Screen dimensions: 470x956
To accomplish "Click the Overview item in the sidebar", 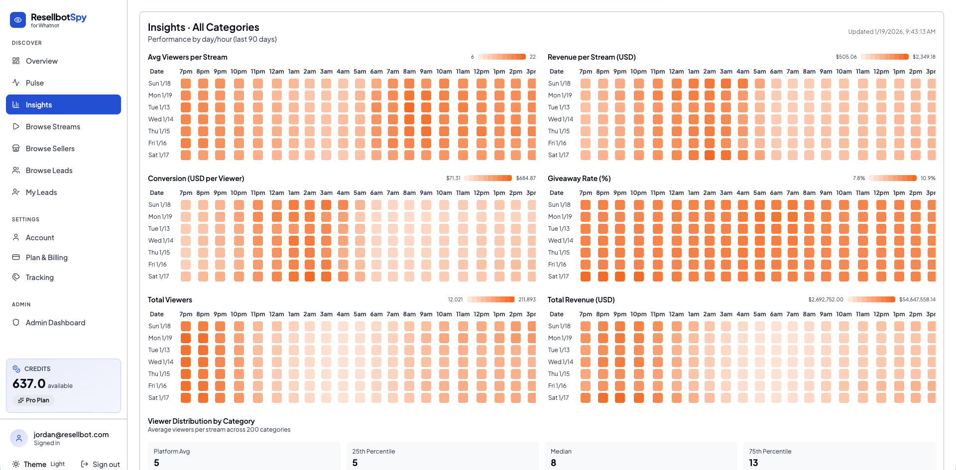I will click(42, 61).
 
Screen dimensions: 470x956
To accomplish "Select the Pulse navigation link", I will click(35, 83).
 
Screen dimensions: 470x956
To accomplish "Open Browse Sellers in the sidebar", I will click(50, 149).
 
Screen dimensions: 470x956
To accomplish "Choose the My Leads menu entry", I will click(41, 192).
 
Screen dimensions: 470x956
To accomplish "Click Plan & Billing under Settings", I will click(46, 258).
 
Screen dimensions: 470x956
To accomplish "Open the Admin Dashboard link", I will click(55, 323).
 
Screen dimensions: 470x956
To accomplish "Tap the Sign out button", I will click(101, 464).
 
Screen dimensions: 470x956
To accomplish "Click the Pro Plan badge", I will click(33, 400).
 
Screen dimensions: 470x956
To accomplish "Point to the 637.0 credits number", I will click(29, 384).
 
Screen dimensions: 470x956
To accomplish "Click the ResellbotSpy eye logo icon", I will click(18, 20).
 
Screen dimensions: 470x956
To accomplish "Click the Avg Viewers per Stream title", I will click(187, 57).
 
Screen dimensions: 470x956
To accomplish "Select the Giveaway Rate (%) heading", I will click(579, 179).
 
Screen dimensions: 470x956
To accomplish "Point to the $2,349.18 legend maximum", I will click(924, 57).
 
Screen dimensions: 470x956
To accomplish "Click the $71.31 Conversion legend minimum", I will click(453, 178).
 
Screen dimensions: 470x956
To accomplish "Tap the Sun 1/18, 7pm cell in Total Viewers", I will click(186, 326).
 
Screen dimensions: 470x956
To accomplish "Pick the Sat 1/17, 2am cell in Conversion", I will click(310, 277).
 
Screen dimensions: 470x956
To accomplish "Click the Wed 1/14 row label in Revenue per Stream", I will click(560, 119).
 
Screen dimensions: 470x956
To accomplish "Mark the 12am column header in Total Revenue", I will click(676, 314).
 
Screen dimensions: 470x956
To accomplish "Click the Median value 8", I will click(553, 463).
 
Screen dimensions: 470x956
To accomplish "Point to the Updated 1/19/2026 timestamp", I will click(891, 32).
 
